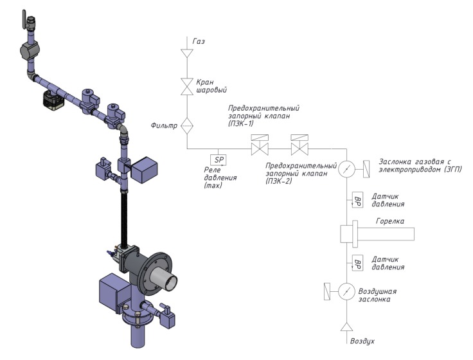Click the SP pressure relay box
[218, 160]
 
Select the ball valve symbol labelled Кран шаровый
[187, 87]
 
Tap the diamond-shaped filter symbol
[187, 126]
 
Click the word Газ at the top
[199, 41]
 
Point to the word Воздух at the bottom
[362, 341]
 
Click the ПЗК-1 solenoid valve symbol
[260, 145]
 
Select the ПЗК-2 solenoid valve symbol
[299, 145]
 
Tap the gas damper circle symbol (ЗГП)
[346, 168]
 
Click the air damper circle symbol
[346, 291]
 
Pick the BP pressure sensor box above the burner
[357, 200]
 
